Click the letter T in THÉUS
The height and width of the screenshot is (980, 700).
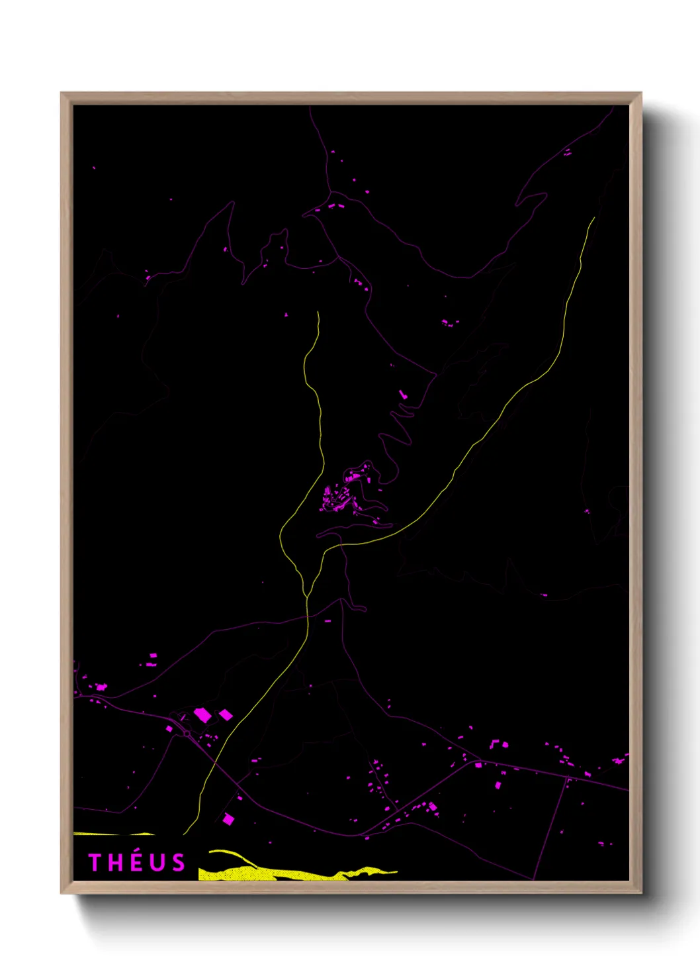point(95,863)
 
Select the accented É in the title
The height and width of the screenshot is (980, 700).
point(136,862)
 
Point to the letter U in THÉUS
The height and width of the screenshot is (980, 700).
point(157,863)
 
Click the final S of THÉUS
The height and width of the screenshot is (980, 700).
point(178,863)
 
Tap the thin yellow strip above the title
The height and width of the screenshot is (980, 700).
point(112,834)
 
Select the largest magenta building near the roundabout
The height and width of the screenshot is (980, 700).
point(202,715)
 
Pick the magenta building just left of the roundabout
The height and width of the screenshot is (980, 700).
point(169,729)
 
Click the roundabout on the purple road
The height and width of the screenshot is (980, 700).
point(187,734)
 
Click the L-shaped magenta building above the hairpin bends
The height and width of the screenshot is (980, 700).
point(403,395)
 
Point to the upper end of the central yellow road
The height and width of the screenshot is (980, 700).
point(318,313)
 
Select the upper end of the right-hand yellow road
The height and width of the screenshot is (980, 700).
point(593,219)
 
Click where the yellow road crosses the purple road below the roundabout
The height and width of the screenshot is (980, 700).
point(216,763)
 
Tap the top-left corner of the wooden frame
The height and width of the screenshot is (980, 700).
point(62,93)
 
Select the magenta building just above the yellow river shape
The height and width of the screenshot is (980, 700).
point(228,819)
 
